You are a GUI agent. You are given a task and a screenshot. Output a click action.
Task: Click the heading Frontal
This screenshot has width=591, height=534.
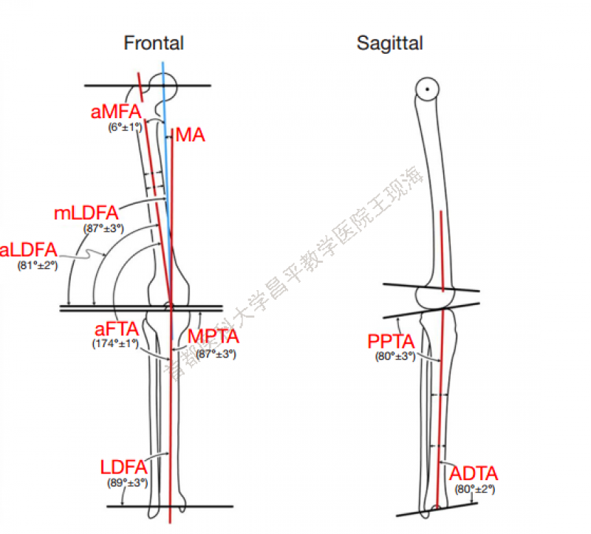pos(154,43)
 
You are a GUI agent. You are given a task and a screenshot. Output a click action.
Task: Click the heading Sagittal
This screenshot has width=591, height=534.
pos(390,43)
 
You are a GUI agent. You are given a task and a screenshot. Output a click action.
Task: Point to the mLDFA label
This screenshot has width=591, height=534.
pos(86,215)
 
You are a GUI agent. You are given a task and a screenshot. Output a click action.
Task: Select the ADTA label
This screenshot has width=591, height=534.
pos(474,474)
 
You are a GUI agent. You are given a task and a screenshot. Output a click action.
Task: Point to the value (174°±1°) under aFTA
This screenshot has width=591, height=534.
pos(116,344)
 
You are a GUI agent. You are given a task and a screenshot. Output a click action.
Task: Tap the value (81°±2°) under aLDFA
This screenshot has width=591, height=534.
pos(37,264)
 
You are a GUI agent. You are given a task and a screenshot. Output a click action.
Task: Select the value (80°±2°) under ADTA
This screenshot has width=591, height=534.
pos(475,489)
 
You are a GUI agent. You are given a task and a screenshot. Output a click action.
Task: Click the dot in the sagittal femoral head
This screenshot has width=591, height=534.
pos(426,89)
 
